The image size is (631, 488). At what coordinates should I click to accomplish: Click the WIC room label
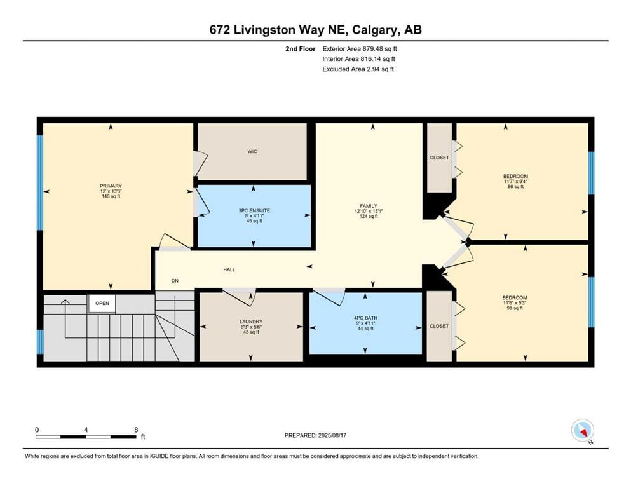point(252,152)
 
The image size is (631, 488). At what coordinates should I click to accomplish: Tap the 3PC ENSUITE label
point(254,210)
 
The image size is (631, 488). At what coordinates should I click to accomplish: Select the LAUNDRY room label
point(251,322)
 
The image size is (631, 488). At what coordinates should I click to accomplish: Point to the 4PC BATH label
point(365,318)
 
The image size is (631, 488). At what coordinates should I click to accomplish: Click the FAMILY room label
point(368,206)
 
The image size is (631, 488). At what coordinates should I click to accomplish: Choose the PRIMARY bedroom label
point(111,186)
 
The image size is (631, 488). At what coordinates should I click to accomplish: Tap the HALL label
point(229,269)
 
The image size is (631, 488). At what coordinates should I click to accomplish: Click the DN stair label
point(175,281)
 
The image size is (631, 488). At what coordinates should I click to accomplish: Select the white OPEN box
point(102,303)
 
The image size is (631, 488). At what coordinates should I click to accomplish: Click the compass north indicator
point(582,431)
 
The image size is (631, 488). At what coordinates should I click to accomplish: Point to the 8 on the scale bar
point(137,430)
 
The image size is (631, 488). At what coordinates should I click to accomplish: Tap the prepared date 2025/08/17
point(332,435)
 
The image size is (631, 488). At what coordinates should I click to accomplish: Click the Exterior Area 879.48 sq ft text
point(360,49)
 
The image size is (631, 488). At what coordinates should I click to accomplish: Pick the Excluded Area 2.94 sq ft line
point(358,69)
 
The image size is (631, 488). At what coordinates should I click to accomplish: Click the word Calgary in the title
point(375,30)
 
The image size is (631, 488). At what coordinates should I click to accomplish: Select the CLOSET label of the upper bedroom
point(439,158)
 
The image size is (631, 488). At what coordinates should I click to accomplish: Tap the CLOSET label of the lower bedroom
point(438,326)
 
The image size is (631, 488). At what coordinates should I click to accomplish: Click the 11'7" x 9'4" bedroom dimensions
point(515,181)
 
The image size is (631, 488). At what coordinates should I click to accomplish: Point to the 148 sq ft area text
point(111,196)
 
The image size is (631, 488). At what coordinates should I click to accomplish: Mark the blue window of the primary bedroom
point(40,182)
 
